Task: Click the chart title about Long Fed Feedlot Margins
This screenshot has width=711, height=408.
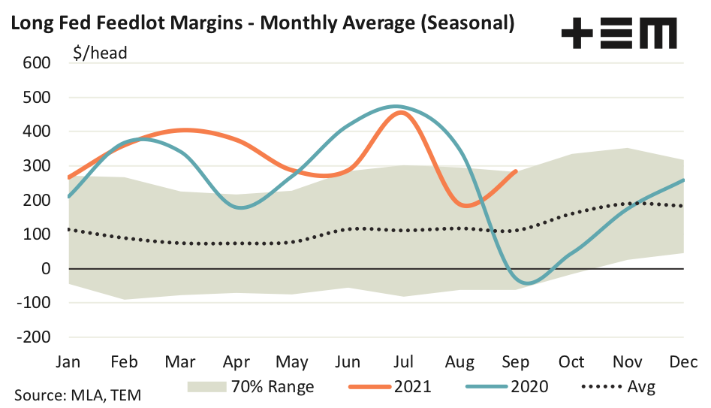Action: click(261, 23)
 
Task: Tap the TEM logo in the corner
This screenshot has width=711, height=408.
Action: click(618, 34)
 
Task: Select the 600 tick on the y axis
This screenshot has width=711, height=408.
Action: click(36, 63)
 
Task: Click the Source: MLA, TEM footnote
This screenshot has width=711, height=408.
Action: click(77, 394)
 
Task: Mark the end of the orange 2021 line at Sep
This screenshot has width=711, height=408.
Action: click(516, 171)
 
